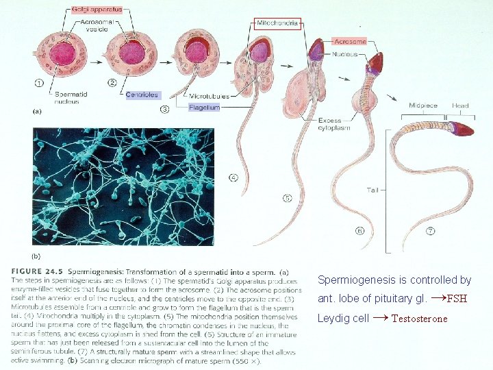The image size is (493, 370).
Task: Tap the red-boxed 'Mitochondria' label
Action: [278, 23]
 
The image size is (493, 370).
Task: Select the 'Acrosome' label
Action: [349, 42]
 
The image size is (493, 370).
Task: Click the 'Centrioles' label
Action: [142, 95]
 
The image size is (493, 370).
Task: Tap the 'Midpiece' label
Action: [422, 106]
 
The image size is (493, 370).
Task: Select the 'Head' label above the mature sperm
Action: [460, 106]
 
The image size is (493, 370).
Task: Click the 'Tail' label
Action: [372, 190]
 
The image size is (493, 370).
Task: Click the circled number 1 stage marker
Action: [40, 84]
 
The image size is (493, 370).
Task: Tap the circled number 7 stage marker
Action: [430, 232]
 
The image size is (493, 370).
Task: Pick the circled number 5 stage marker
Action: [287, 199]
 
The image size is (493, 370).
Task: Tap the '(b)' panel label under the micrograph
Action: [37, 256]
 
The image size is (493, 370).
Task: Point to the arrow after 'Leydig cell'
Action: [381, 318]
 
